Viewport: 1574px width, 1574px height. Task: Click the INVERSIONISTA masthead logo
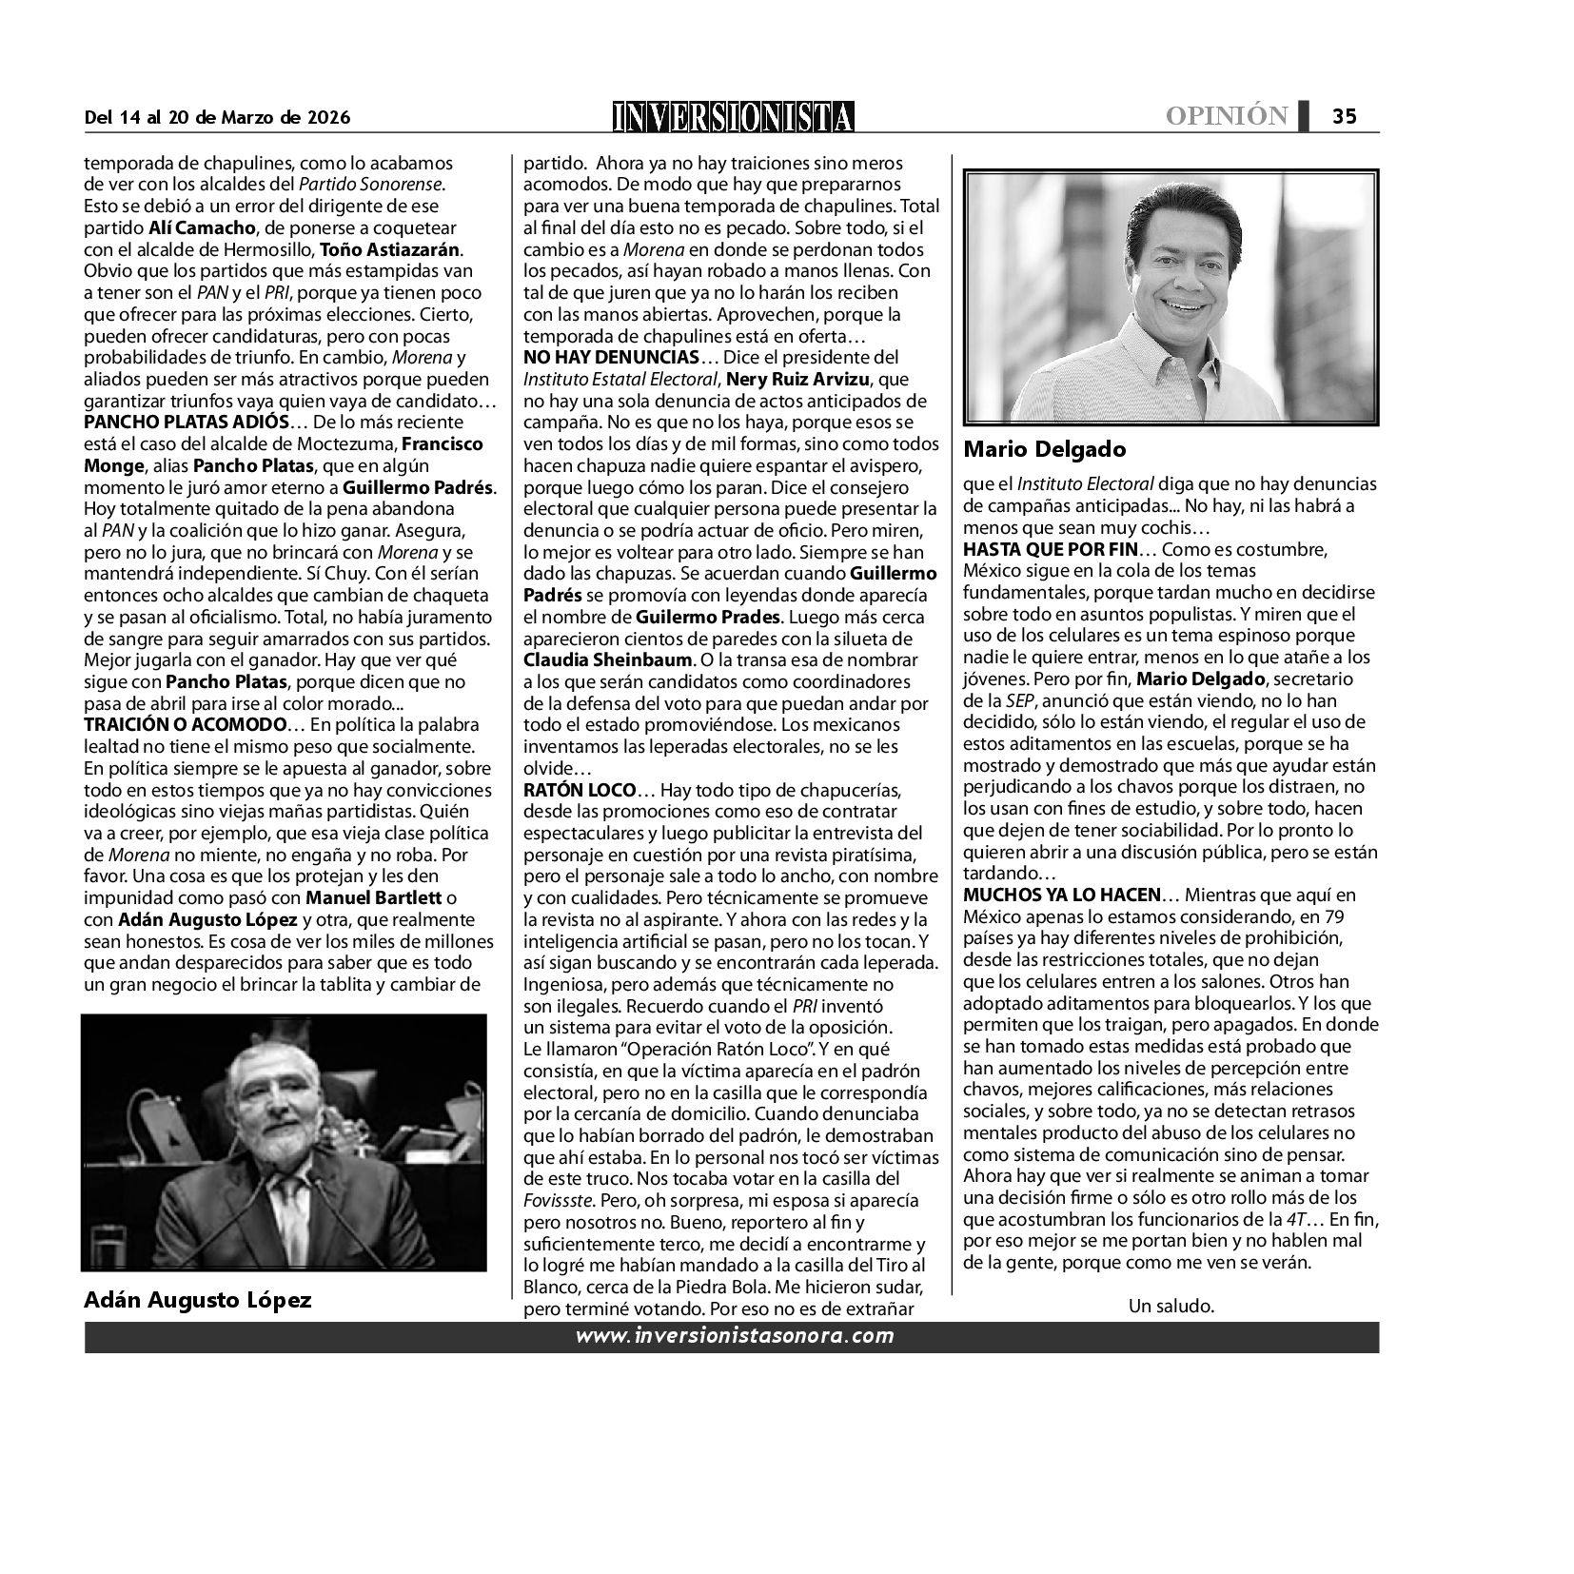(x=734, y=116)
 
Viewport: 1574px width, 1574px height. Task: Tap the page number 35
(x=1344, y=116)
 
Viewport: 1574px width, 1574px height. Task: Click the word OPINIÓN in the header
(x=1227, y=116)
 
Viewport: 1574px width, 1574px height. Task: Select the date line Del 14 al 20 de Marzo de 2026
(x=218, y=118)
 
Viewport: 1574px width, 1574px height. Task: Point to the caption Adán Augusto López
(x=198, y=1299)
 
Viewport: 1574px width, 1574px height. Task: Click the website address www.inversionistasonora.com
(x=735, y=1335)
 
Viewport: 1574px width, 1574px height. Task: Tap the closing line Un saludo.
(x=1171, y=1306)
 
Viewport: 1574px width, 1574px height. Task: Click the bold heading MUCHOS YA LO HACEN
(x=1062, y=895)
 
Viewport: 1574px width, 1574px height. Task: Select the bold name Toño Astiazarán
(x=390, y=250)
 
